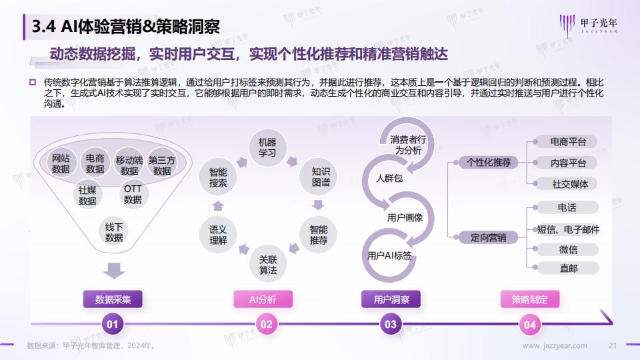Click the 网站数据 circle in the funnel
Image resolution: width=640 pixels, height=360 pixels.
[61, 163]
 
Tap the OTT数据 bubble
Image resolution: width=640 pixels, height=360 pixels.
[133, 194]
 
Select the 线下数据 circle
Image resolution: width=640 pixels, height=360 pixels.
[114, 232]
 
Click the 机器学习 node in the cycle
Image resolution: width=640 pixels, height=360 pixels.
[267, 147]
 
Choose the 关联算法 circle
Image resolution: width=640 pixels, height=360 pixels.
[268, 265]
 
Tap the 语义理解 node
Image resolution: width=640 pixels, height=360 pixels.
[217, 235]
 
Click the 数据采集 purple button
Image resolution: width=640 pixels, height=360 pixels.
[113, 299]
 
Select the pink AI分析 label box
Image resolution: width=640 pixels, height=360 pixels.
[263, 299]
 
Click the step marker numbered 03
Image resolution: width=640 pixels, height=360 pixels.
[391, 324]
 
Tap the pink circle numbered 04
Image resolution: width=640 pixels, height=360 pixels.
[530, 325]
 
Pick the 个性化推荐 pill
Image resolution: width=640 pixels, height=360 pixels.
[488, 163]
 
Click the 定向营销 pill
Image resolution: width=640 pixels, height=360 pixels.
[488, 237]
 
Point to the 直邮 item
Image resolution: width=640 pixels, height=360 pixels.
[568, 268]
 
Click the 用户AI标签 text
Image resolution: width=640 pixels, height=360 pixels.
[389, 255]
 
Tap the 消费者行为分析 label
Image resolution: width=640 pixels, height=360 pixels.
[408, 145]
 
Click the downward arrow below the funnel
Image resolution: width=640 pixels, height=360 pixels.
[114, 270]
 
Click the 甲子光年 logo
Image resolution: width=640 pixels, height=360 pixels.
[588, 25]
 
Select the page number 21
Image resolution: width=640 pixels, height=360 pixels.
[612, 345]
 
